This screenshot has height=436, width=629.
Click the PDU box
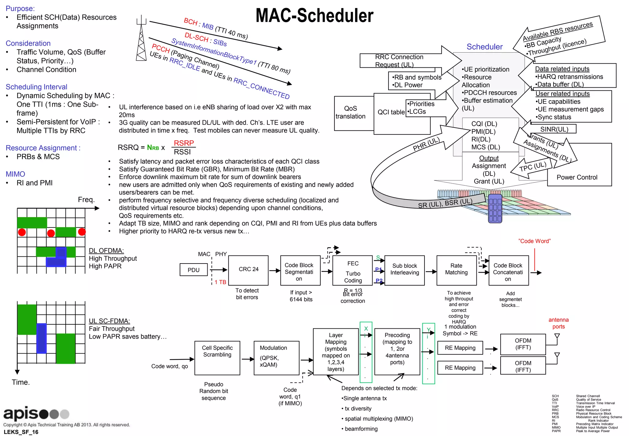click(x=193, y=270)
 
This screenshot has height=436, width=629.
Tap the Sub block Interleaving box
click(x=404, y=270)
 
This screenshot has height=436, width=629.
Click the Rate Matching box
click(x=456, y=270)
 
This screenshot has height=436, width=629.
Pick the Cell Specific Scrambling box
click(x=217, y=358)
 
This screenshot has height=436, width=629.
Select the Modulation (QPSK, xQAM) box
click(x=276, y=358)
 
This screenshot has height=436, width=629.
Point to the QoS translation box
click(x=350, y=113)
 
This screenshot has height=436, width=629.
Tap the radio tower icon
click(x=141, y=38)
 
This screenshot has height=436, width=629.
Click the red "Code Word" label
click(x=534, y=241)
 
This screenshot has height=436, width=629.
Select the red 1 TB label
click(x=220, y=282)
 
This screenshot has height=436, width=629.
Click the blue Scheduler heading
click(x=484, y=47)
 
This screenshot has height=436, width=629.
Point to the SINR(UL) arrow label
click(x=554, y=129)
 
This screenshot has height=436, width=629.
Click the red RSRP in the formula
click(x=184, y=143)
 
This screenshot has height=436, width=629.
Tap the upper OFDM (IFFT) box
click(x=523, y=344)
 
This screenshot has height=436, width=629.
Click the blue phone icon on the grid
click(x=495, y=208)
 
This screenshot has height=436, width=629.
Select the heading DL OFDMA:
click(x=106, y=251)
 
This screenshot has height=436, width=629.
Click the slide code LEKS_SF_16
click(x=21, y=432)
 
